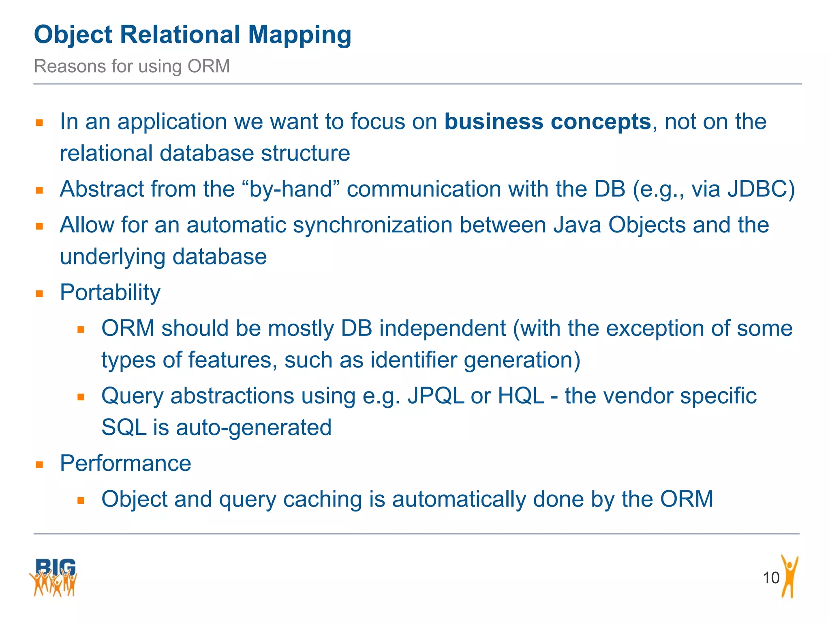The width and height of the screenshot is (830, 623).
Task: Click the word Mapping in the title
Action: tap(299, 35)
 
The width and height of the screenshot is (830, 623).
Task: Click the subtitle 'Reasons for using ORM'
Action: tap(132, 66)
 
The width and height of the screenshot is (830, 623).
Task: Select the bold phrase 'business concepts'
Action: tap(548, 122)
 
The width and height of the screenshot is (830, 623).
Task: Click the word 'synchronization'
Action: tap(372, 225)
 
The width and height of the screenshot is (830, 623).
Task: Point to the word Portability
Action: tap(110, 292)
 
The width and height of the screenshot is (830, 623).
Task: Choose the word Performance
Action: tap(125, 463)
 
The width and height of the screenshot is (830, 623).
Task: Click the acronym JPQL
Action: tap(436, 396)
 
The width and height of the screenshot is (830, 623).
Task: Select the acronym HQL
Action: tap(521, 396)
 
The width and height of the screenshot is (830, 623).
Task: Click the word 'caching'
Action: tap(322, 499)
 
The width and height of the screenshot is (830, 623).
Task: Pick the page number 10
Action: tap(771, 578)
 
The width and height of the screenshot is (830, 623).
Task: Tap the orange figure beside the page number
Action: tap(789, 576)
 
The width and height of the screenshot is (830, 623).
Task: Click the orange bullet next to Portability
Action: tap(39, 294)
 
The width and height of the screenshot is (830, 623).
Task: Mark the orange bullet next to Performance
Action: tap(39, 464)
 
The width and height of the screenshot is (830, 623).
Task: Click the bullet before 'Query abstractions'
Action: tap(81, 397)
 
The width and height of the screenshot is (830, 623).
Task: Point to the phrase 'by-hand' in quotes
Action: tap(291, 189)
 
